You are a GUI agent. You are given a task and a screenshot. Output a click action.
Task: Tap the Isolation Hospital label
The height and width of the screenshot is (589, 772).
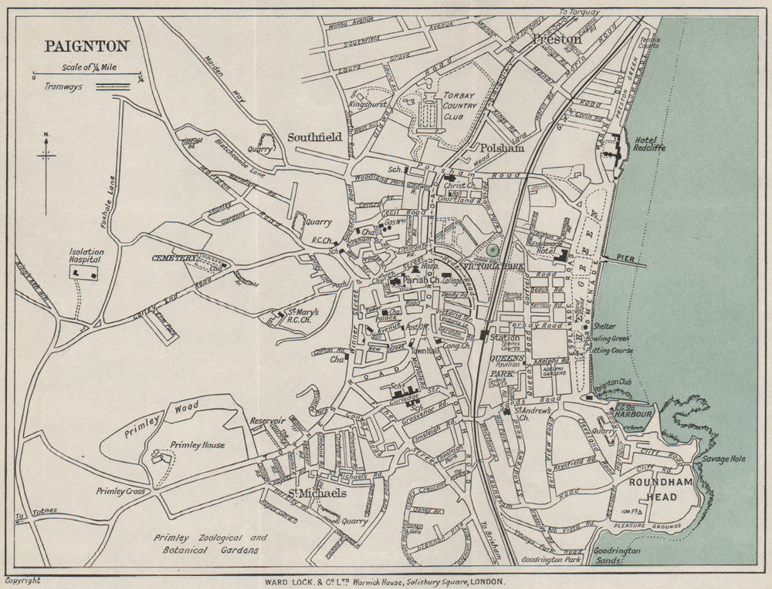[x=86, y=256]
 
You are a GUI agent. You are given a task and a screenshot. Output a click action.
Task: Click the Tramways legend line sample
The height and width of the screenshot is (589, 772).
[x=113, y=87]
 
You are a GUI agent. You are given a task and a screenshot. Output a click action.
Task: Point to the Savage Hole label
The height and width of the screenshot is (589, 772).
[x=724, y=459]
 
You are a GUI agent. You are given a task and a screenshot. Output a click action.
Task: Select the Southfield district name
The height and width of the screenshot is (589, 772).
[x=314, y=136]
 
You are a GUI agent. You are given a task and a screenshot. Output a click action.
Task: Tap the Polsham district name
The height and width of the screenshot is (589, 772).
[x=502, y=148]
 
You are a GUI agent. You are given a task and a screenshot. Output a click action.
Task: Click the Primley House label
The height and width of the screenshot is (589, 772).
[x=198, y=445]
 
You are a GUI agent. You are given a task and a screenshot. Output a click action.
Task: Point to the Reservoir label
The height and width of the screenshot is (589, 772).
[x=268, y=421]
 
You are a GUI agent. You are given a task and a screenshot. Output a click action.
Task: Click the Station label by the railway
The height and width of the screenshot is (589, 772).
[x=506, y=337]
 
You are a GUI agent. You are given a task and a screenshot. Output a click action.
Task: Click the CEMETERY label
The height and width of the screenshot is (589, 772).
[x=175, y=258]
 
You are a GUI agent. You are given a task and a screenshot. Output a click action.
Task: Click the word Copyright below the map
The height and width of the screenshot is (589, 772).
[x=22, y=580]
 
